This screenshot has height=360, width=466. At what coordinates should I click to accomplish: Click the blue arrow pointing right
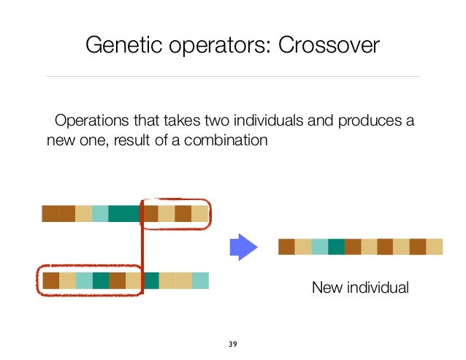(x=245, y=246)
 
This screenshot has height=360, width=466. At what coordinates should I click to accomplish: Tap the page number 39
(x=233, y=343)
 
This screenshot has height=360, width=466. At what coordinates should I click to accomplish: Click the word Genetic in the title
(x=116, y=45)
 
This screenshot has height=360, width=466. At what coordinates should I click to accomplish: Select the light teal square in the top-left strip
(x=100, y=214)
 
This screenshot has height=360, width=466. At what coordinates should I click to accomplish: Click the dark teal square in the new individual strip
(x=336, y=247)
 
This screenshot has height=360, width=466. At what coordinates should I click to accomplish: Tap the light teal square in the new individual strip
(x=319, y=247)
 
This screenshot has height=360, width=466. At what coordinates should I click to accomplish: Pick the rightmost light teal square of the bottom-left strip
(x=200, y=280)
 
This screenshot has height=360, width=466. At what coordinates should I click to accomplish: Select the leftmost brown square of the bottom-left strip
(x=50, y=280)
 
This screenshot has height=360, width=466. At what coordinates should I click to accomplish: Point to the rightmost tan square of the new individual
(x=435, y=247)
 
